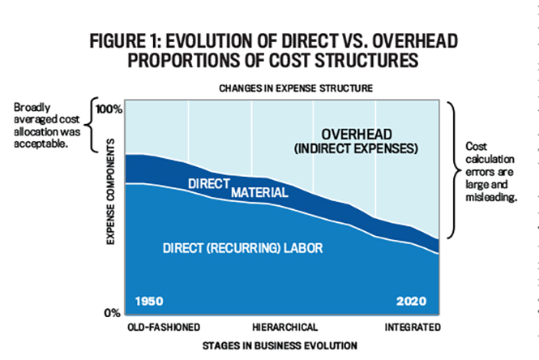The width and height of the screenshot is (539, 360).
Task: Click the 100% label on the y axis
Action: pos(109,109)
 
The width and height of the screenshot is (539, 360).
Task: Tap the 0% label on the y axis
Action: pos(113,313)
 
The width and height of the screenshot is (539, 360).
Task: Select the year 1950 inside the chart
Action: pos(149,301)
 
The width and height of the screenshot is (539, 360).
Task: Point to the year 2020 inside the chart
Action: pos(411,301)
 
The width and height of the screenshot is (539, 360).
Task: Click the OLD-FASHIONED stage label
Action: pos(164,327)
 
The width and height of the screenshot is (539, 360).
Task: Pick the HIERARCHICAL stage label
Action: pos(285,327)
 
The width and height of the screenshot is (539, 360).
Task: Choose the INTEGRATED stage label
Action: pos(413,327)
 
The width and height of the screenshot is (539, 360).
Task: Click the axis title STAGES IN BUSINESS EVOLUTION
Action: pos(280,345)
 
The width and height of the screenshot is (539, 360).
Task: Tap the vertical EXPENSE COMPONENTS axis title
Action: pos(110,191)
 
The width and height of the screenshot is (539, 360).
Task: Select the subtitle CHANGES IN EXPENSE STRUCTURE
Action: pos(296,88)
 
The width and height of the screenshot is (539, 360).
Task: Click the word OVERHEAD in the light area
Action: pos(357,135)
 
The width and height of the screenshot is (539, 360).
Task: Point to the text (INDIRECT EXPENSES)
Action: pos(356,148)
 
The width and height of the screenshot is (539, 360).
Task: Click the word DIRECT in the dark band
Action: pos(209,184)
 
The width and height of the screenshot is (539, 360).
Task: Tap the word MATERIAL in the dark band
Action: pos(259,192)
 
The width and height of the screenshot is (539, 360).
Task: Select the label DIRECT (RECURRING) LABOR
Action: pos(242,248)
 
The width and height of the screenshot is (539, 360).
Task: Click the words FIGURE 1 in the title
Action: pos(124,41)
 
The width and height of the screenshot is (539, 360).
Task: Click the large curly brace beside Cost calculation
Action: pos(454,169)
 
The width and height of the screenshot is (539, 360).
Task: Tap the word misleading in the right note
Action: pos(491,197)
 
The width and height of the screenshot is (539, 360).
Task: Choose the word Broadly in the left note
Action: pos(32,108)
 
